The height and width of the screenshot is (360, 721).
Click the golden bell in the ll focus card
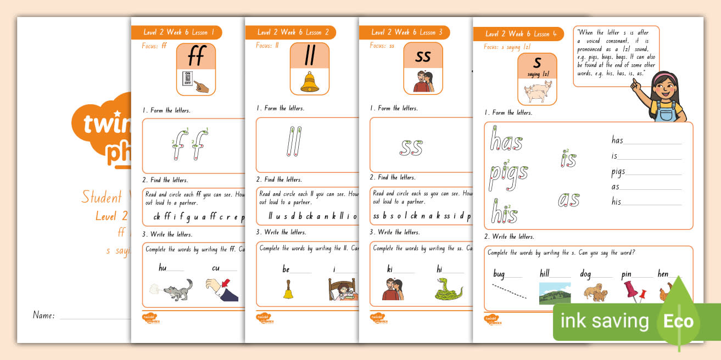[309, 81]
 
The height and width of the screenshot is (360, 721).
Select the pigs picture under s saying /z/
[536, 92]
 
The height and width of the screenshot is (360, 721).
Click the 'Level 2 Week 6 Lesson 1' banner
[176, 32]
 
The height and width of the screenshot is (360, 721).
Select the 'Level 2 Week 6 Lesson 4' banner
[520, 34]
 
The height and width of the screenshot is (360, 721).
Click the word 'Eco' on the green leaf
[679, 321]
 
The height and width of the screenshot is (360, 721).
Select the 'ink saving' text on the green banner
[603, 321]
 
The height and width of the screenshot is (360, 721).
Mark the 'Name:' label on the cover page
[44, 316]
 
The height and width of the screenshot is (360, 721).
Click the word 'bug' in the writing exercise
[499, 273]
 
